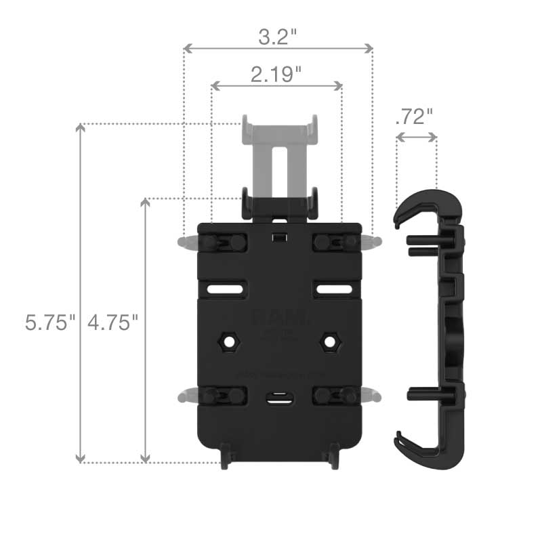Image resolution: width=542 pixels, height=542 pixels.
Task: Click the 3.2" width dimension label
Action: click(278, 37)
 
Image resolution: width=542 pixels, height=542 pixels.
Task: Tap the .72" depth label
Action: click(413, 117)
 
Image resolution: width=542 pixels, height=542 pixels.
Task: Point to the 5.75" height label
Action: click(48, 322)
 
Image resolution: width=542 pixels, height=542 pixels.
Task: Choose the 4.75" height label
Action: click(112, 322)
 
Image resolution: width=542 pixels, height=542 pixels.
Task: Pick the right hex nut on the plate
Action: click(330, 341)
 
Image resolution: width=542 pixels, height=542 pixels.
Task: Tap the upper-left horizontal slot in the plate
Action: click(226, 289)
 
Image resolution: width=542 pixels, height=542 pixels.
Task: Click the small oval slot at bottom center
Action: click(278, 399)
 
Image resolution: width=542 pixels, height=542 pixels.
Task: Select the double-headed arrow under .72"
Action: click(416, 137)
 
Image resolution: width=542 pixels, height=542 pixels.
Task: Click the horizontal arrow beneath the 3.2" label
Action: click(278, 48)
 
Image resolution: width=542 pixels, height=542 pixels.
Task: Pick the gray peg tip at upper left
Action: click(182, 242)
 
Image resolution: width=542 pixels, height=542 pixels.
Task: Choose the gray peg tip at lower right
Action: click(375, 395)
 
